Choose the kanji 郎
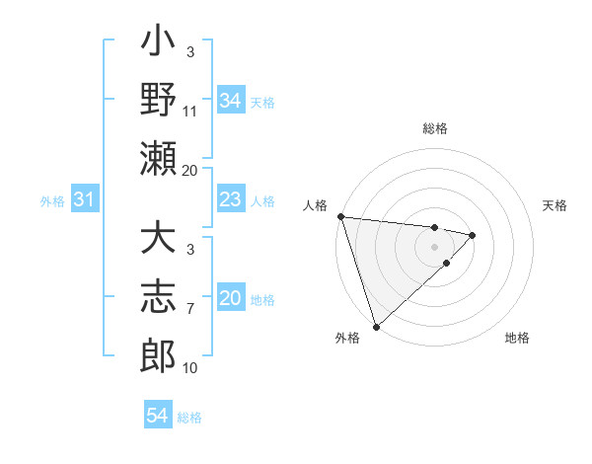pyautogui.click(x=158, y=353)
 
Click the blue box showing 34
pyautogui.click(x=230, y=101)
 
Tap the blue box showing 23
pyautogui.click(x=230, y=200)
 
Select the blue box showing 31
pyautogui.click(x=85, y=200)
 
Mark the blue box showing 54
pyautogui.click(x=158, y=416)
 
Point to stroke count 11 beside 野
pyautogui.click(x=190, y=112)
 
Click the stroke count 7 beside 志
pyautogui.click(x=190, y=309)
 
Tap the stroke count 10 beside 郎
pyautogui.click(x=190, y=368)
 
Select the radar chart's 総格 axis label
pyautogui.click(x=434, y=128)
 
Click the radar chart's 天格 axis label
pyautogui.click(x=555, y=205)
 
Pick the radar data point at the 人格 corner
pyautogui.click(x=340, y=216)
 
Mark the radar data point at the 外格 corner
pyautogui.click(x=376, y=325)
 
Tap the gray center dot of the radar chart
pyautogui.click(x=434, y=245)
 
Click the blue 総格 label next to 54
pyautogui.click(x=190, y=418)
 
